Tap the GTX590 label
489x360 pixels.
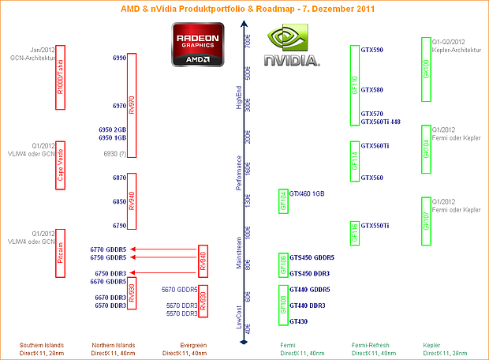point(371,50)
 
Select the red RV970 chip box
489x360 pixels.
point(132,105)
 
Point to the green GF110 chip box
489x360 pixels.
point(355,85)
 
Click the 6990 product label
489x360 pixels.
point(119,58)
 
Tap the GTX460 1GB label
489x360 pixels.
point(307,193)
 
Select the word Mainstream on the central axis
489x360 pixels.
point(240,254)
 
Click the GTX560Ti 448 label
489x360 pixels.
point(380,122)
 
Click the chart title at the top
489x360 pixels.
point(244,9)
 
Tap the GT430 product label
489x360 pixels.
point(298,321)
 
